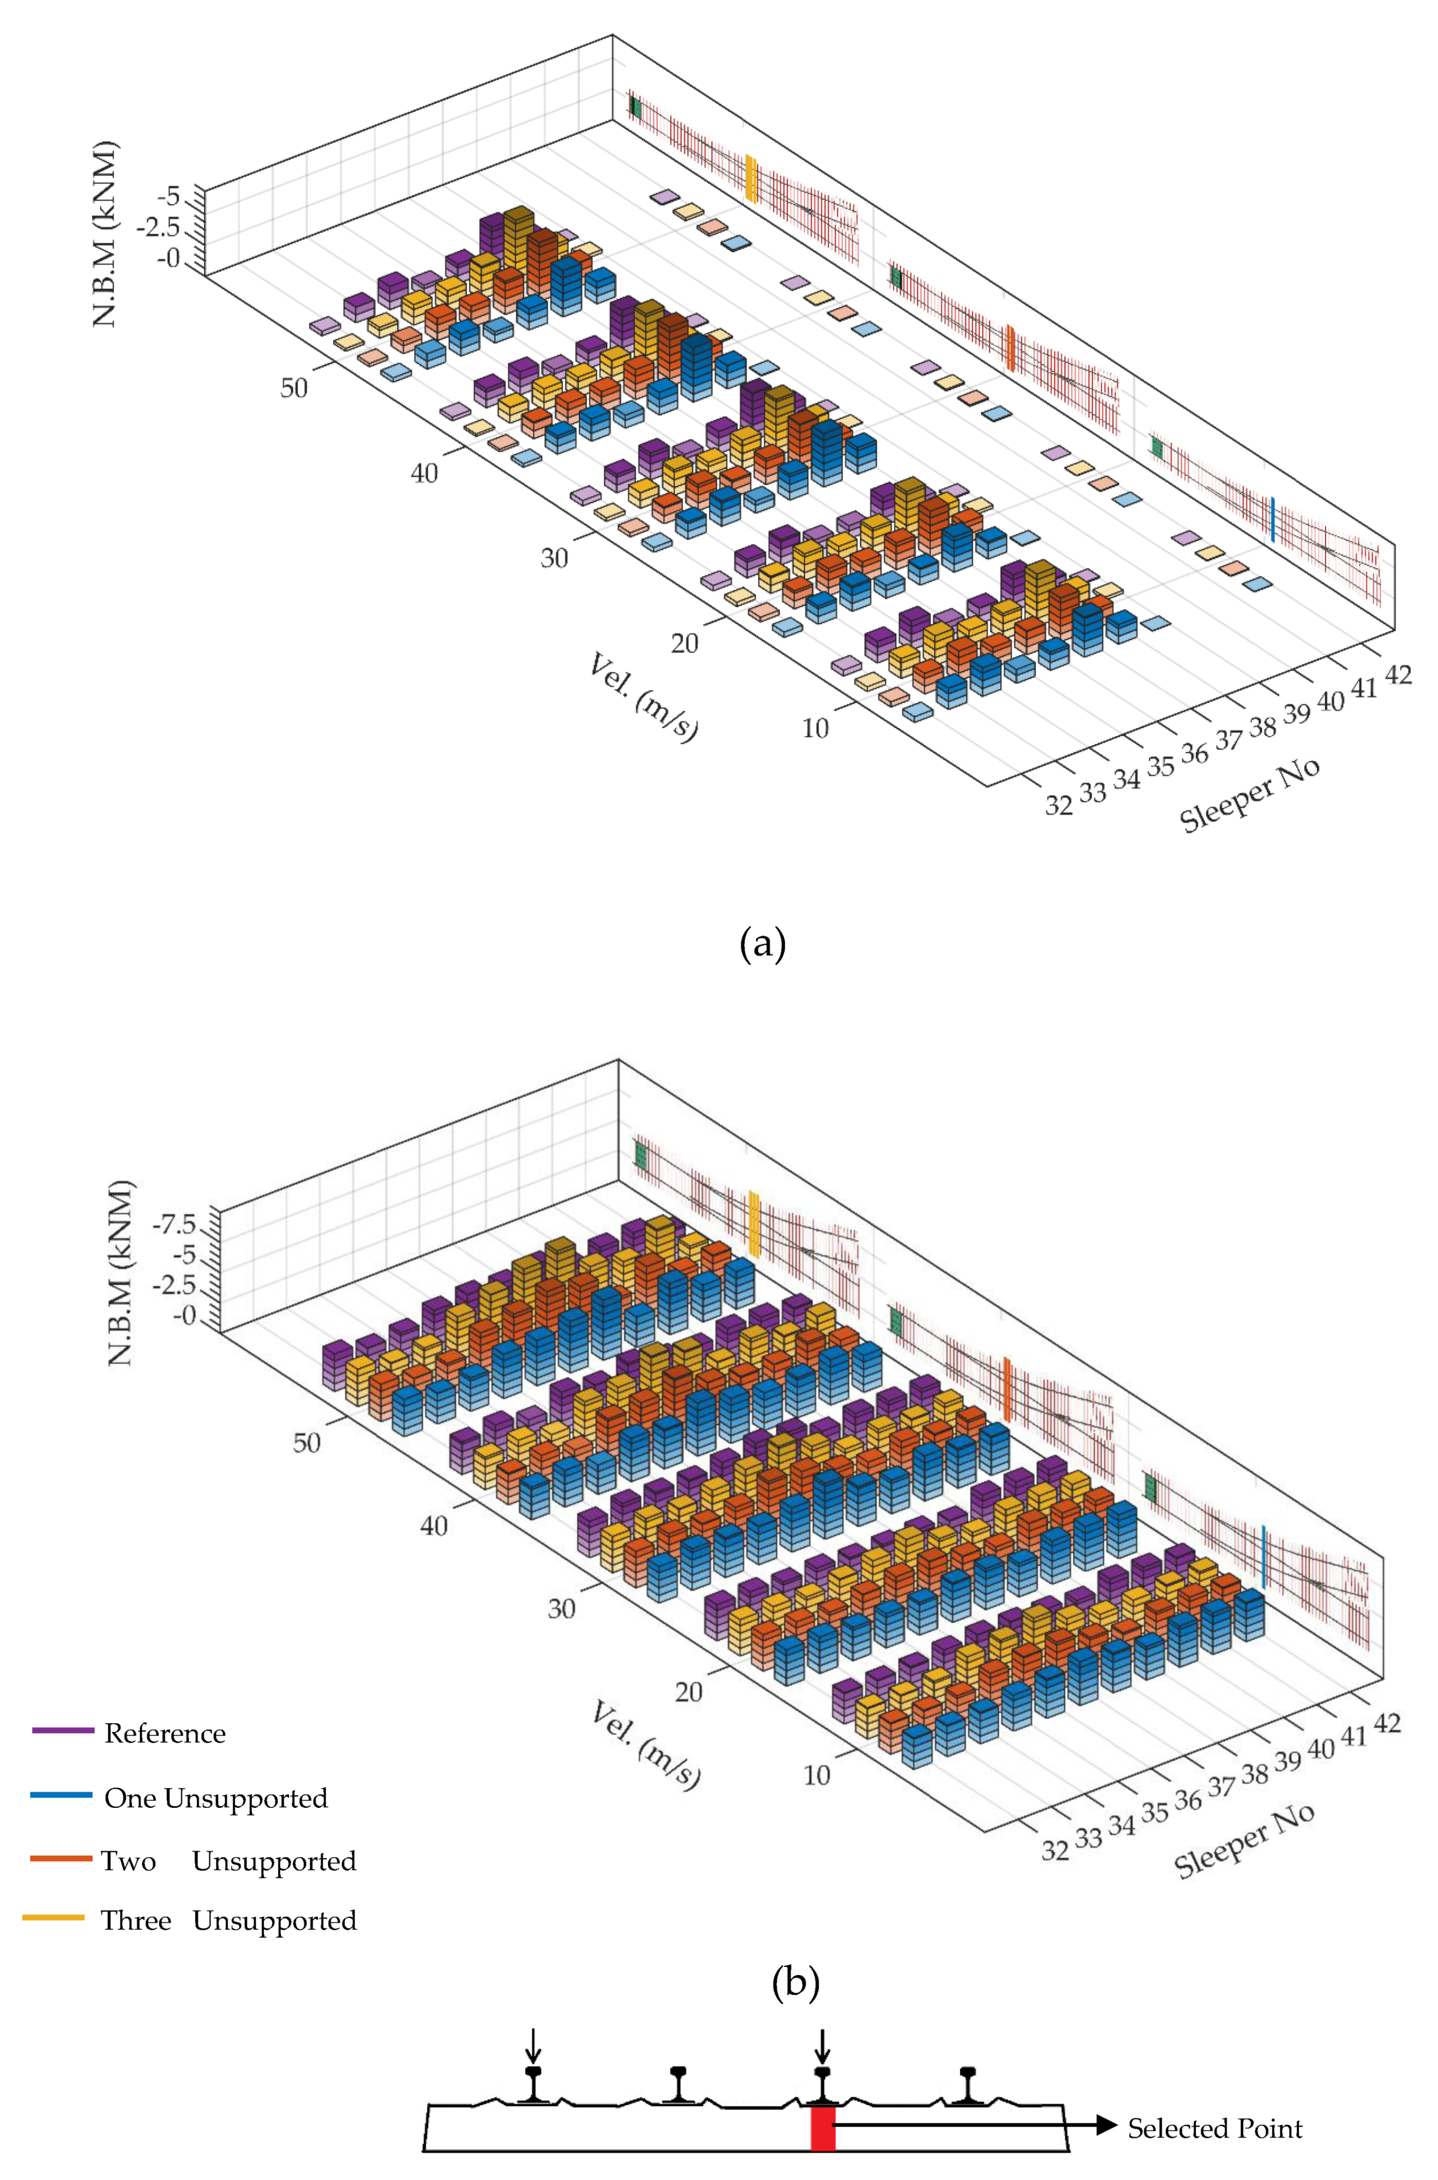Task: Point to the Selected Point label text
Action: (1214, 2128)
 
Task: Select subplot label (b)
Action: (795, 1983)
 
